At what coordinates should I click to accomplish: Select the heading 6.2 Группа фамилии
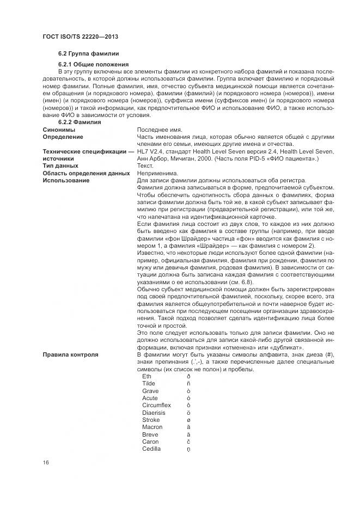[88, 53]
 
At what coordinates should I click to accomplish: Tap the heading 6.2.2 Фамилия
[80, 122]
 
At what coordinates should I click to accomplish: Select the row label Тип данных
[60, 165]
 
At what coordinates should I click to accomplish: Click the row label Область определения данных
[86, 173]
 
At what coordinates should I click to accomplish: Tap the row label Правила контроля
[70, 355]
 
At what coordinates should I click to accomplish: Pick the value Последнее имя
[160, 130]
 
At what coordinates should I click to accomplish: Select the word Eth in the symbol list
[147, 377]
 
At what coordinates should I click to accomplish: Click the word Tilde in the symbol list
[149, 384]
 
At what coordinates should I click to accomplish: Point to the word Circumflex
[156, 406]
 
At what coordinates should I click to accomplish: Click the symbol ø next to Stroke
[188, 420]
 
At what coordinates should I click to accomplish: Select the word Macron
[152, 427]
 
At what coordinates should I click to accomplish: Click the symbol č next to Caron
[188, 442]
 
